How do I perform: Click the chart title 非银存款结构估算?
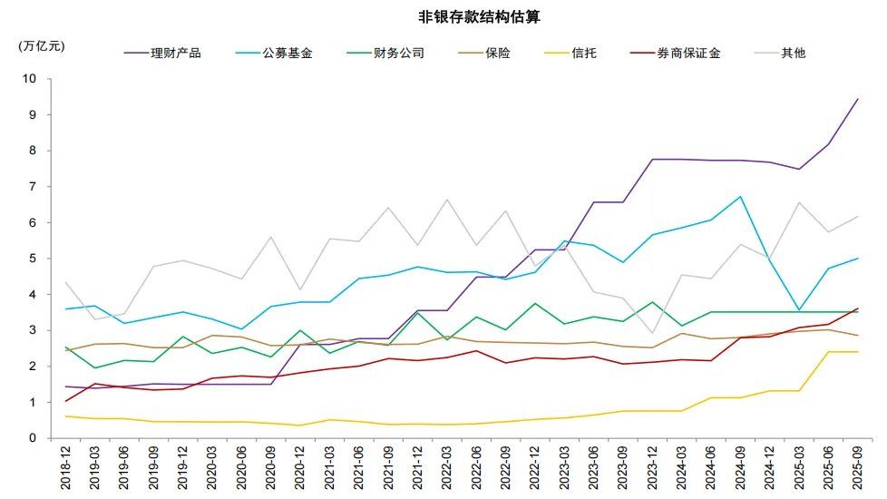coord(479,17)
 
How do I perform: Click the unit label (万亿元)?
coord(42,45)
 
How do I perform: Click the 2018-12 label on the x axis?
coord(66,468)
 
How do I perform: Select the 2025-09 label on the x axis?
coord(857,468)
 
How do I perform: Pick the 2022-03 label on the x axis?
coord(446,468)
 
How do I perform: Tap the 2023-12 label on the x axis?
coord(652,468)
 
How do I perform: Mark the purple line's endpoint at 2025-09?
coord(857,99)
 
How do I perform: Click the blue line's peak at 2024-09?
coord(740,197)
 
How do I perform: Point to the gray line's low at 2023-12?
coord(652,333)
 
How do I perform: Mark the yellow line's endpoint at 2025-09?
coord(857,352)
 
